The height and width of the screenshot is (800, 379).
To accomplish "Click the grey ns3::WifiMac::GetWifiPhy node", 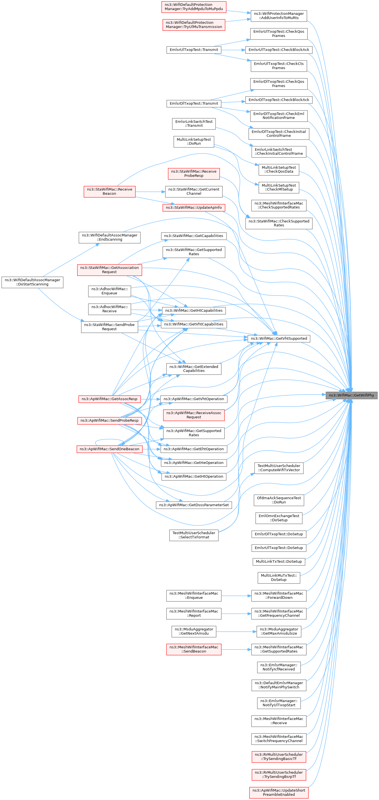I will tap(351, 395).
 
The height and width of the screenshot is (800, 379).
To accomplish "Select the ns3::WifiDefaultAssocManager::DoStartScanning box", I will tap(33, 282).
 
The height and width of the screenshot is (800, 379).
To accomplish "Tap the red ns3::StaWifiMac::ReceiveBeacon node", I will tap(109, 191).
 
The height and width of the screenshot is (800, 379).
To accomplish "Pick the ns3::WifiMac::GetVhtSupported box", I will tap(279, 338).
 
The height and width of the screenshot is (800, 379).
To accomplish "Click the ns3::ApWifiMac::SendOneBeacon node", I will tap(109, 449).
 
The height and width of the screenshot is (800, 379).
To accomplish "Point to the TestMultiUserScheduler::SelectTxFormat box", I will tap(194, 535).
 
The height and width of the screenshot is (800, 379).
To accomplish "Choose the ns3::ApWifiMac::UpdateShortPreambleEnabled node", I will tap(279, 792).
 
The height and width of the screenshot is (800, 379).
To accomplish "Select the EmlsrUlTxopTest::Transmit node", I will tap(194, 50).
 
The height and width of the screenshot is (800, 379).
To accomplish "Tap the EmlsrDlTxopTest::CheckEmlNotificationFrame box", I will tap(279, 116).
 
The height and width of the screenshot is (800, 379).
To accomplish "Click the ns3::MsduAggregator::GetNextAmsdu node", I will tap(194, 631).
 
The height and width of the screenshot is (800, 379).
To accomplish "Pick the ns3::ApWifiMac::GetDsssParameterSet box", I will tap(194, 505).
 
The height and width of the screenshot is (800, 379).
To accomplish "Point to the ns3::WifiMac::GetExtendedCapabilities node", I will tap(194, 368).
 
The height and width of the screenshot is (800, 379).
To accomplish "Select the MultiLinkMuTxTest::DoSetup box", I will tap(279, 577).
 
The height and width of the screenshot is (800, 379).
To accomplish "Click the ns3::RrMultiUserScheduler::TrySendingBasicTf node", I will tap(279, 757).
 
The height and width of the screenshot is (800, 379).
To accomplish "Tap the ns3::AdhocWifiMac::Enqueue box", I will tap(109, 291).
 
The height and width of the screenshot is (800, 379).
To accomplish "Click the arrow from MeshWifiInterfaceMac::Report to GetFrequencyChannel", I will tap(236, 613).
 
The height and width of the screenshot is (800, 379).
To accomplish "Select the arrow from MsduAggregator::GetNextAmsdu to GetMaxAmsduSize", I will tap(236, 631).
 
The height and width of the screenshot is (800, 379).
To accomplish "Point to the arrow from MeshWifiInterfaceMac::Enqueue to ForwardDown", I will tap(236, 595).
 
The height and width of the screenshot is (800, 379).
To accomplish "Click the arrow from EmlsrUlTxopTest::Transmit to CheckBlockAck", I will tap(233, 50).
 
